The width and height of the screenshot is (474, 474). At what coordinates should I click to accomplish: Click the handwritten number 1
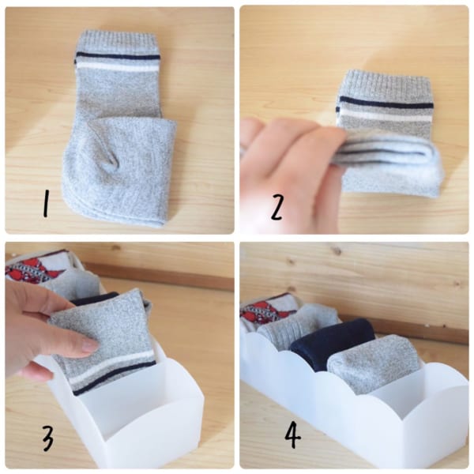[x=46, y=204]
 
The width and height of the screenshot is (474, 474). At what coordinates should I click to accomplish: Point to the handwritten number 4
[x=292, y=434]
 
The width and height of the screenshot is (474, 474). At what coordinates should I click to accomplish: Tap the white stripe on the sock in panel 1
[x=117, y=66]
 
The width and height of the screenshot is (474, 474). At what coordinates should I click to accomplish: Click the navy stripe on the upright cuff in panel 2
[x=386, y=102]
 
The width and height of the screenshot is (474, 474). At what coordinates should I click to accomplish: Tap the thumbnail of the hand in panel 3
[x=90, y=344]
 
